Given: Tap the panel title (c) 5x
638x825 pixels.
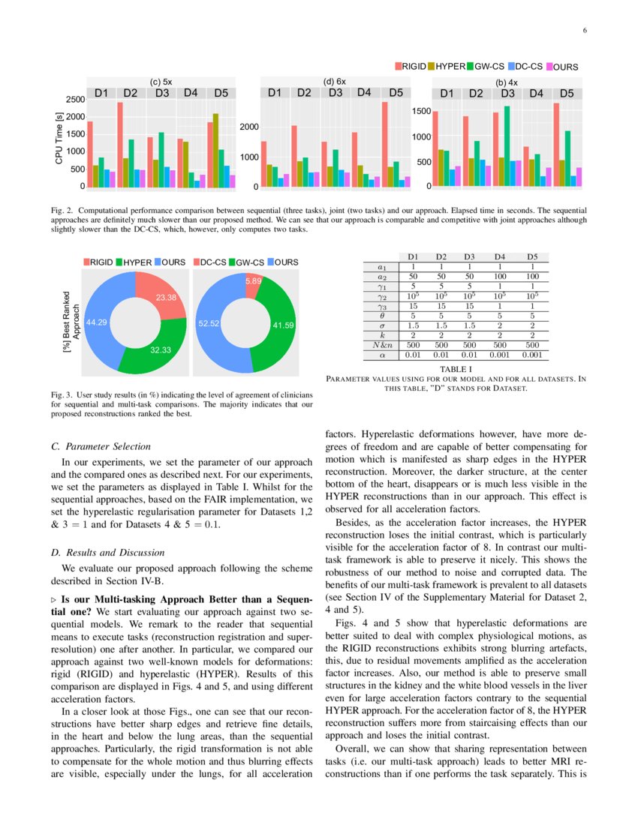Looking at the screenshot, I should coord(161,81).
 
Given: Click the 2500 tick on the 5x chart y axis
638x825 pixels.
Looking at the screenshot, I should coord(74,99).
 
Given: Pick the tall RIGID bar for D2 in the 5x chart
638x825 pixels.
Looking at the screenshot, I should coord(120,144).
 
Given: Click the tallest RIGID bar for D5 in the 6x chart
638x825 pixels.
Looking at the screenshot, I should coord(384,144).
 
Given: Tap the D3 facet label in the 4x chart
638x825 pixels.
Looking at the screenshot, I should coord(507,94).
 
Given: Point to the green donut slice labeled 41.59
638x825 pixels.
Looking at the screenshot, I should coord(284,325).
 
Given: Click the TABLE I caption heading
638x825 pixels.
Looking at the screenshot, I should coord(456,369).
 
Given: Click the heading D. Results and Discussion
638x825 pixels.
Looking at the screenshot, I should coord(113,553).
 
